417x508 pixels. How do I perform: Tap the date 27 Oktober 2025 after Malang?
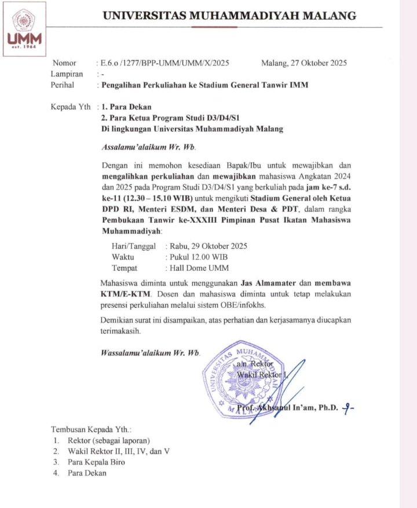pos(318,63)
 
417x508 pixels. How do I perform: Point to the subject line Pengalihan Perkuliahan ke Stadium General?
pos(205,85)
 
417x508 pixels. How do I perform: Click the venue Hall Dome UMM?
pos(197,268)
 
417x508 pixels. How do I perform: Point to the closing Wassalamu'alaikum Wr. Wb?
pos(150,352)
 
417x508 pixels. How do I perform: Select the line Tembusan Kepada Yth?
pos(92,430)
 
